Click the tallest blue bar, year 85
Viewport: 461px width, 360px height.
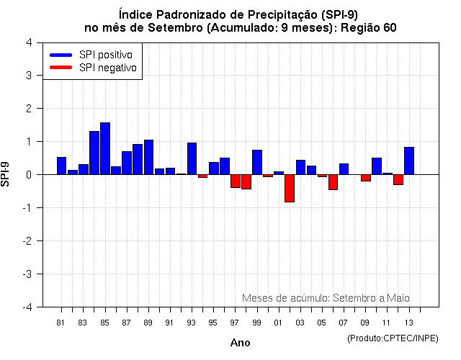click(105, 148)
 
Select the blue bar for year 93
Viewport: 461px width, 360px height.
click(192, 158)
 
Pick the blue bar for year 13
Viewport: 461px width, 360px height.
click(409, 161)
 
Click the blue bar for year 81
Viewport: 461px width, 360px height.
click(61, 166)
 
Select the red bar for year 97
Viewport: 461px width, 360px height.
click(236, 181)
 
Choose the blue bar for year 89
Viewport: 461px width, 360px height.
click(148, 157)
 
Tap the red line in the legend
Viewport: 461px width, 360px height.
click(61, 68)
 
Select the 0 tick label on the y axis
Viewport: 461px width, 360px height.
click(28, 174)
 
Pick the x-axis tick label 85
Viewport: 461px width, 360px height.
click(104, 322)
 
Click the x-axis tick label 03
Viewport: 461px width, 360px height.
click(300, 322)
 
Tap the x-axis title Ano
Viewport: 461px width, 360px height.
click(240, 343)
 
